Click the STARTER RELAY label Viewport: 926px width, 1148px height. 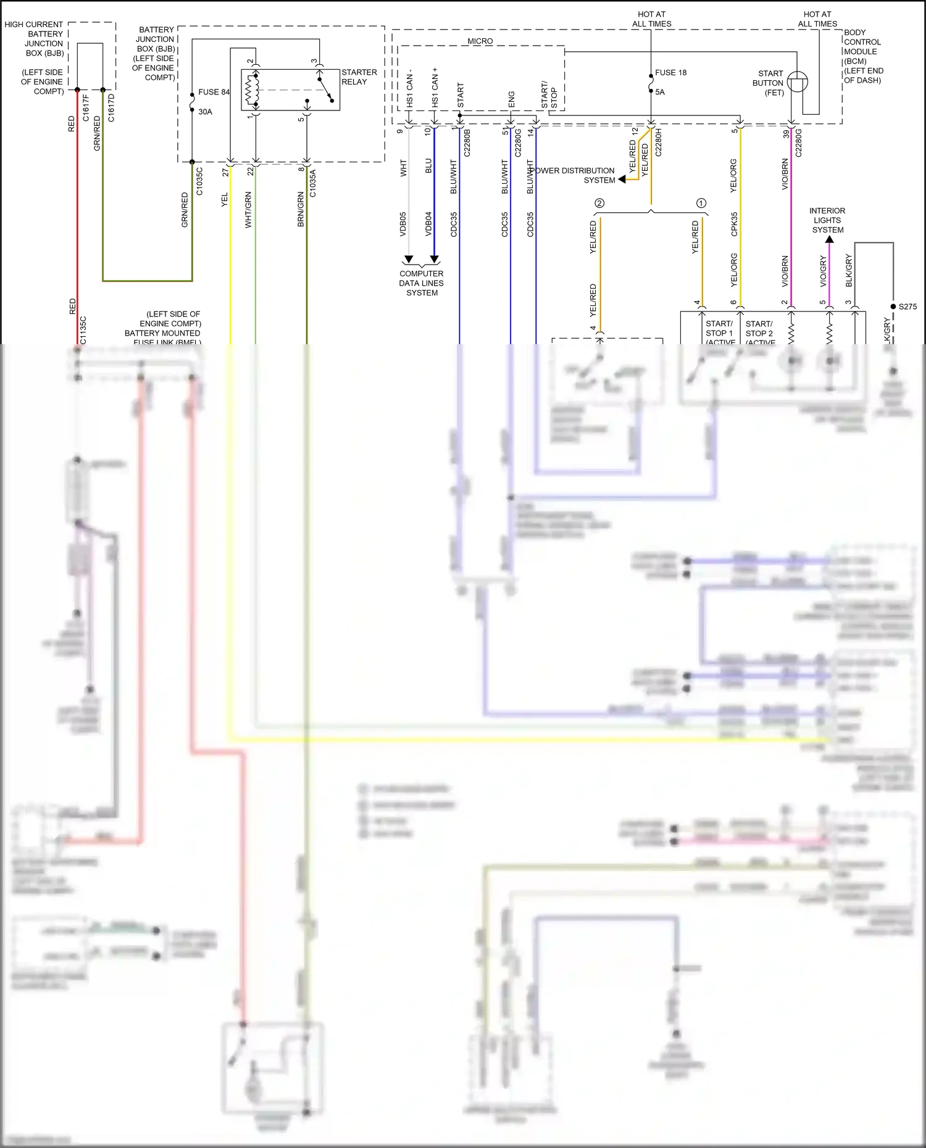click(x=359, y=77)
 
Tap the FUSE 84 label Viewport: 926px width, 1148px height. click(x=214, y=92)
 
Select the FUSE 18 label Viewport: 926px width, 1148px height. click(x=670, y=73)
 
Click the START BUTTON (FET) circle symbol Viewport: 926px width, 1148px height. click(x=797, y=82)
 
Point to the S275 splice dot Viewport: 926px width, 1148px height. click(x=893, y=307)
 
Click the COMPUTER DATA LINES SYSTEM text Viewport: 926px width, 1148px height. click(x=422, y=283)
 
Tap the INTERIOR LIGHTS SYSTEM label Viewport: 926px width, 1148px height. click(x=827, y=220)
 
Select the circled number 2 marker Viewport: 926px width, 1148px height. click(x=599, y=203)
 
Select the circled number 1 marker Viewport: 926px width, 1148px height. click(x=701, y=203)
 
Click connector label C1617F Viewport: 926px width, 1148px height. click(x=86, y=107)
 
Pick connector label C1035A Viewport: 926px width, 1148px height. click(x=312, y=183)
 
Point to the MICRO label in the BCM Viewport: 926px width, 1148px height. click(x=480, y=41)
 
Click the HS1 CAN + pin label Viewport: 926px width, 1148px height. click(x=435, y=88)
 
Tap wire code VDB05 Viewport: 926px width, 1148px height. click(x=403, y=225)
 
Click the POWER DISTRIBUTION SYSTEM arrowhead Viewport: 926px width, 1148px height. click(x=622, y=180)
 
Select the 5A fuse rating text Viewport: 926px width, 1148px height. click(x=660, y=92)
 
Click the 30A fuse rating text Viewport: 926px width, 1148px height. click(x=205, y=112)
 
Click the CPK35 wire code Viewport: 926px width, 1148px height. click(x=734, y=225)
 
